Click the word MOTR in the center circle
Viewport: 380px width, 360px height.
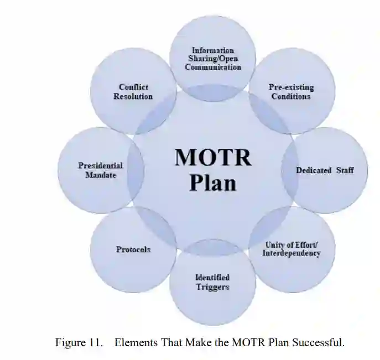click(x=213, y=158)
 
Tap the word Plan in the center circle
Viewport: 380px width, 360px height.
click(x=213, y=182)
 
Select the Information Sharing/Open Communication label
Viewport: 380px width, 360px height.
click(x=213, y=59)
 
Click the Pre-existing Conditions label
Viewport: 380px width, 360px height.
click(x=291, y=91)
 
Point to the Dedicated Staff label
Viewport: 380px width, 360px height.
click(x=324, y=170)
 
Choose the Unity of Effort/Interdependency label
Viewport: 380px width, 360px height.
click(x=291, y=249)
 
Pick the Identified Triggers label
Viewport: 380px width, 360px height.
click(x=212, y=282)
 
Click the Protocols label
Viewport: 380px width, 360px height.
click(x=133, y=249)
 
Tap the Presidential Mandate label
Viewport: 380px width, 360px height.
click(x=100, y=170)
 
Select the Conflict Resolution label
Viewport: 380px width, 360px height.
click(x=133, y=91)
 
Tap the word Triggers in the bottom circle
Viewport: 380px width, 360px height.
click(x=212, y=287)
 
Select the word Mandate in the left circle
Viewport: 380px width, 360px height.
click(x=100, y=175)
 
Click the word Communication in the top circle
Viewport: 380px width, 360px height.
click(x=213, y=67)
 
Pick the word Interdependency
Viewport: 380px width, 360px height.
click(x=291, y=253)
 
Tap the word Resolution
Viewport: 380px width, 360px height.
click(x=133, y=96)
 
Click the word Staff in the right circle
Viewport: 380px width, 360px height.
click(x=345, y=170)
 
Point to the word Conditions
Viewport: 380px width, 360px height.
click(x=291, y=96)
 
